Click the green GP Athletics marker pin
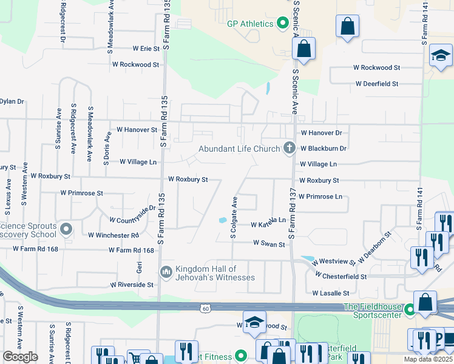tap(282, 24)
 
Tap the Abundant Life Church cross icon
tap(290, 148)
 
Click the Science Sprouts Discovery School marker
tap(67, 229)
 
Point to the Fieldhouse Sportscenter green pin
tap(410, 311)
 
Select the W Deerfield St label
tap(376, 84)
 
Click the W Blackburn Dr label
tap(323, 148)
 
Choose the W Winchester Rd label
tap(113, 235)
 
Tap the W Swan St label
tap(269, 244)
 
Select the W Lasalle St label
tap(331, 292)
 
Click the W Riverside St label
tap(132, 284)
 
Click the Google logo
tap(21, 356)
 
